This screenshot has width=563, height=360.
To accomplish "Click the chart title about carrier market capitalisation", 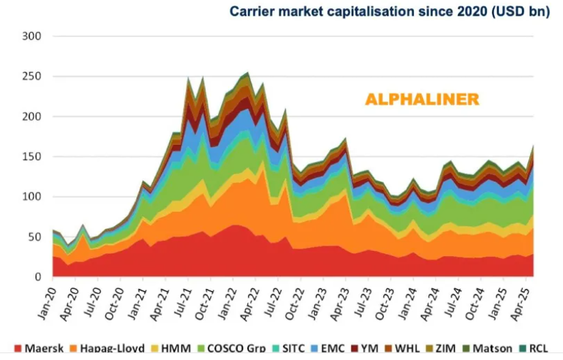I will click(x=389, y=12).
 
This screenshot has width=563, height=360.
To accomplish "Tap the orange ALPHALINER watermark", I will click(x=422, y=100).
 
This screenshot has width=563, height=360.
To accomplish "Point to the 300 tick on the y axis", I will click(x=32, y=36).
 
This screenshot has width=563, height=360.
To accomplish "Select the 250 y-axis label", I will click(x=32, y=77).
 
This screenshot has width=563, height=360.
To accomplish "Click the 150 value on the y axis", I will click(x=32, y=157).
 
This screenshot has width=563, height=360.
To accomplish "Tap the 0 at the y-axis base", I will click(x=38, y=277).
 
